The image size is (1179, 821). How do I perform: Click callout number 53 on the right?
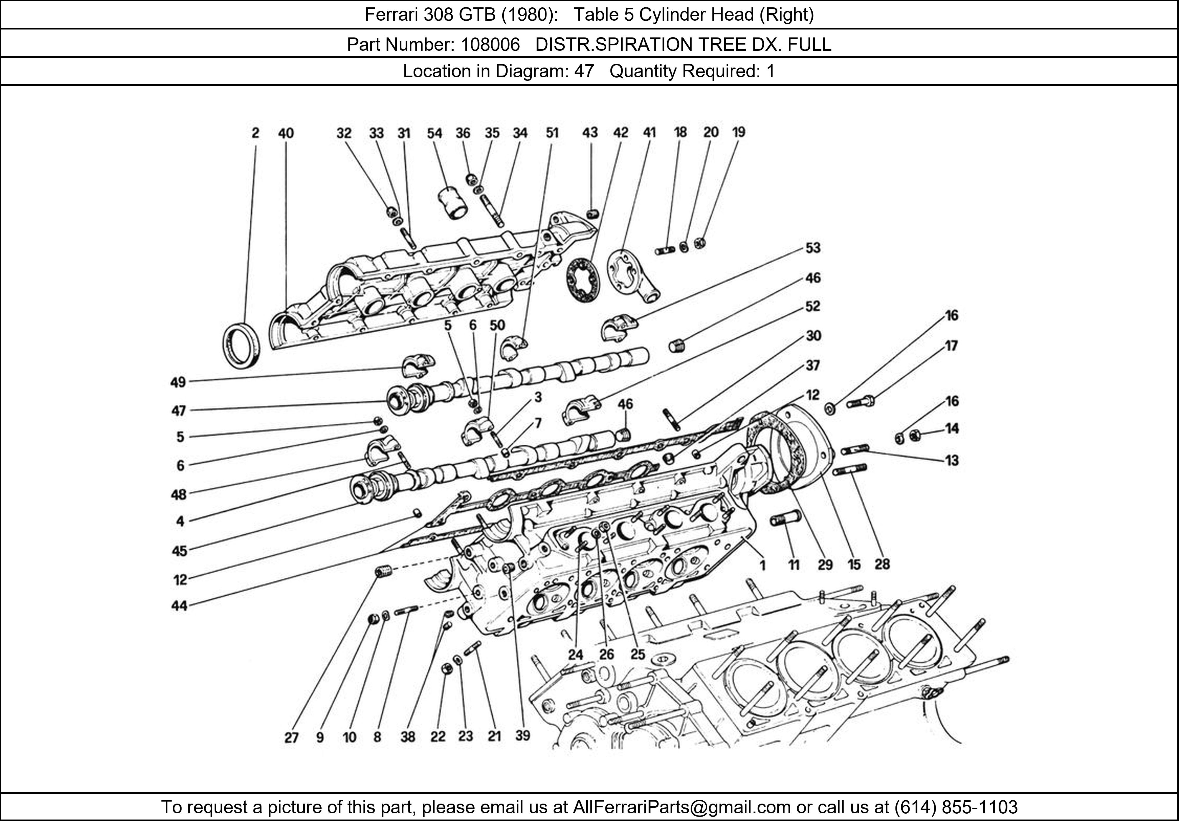[813, 248]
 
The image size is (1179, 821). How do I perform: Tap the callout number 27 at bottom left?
[291, 738]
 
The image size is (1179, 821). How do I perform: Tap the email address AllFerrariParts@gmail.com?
[681, 807]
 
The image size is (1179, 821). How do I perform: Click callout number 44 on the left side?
[179, 606]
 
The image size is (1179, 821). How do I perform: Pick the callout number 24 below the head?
[576, 655]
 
